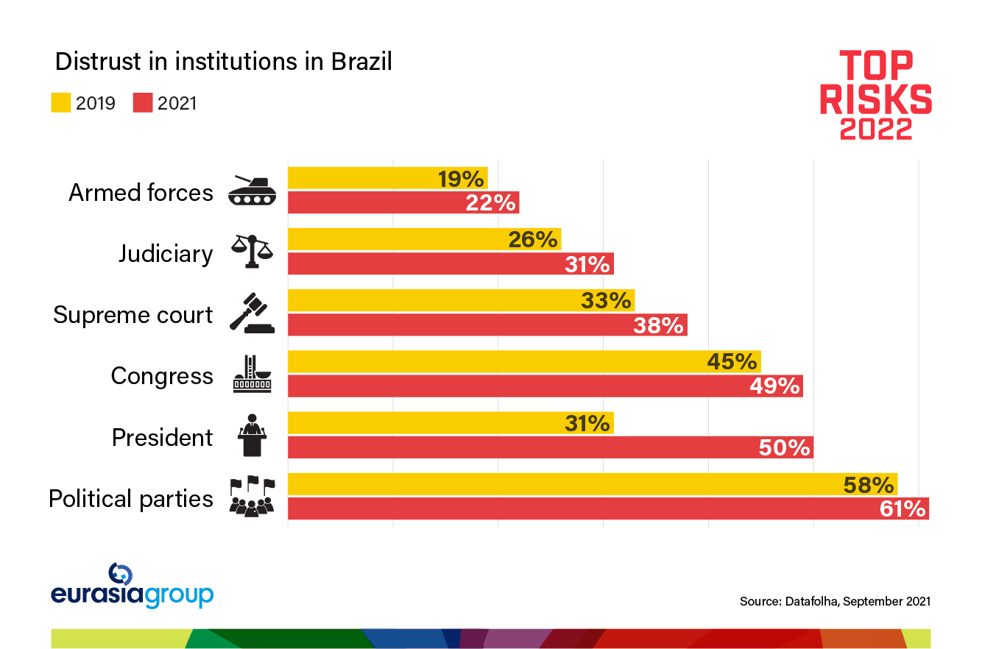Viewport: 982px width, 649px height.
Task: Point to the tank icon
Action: click(252, 190)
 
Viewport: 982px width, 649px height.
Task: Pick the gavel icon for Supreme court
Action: click(252, 314)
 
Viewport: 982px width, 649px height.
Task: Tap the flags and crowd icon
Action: click(252, 497)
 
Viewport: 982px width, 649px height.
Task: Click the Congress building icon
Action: click(252, 375)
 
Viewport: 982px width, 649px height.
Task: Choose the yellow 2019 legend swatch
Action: click(60, 103)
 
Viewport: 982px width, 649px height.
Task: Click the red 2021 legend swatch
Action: click(143, 103)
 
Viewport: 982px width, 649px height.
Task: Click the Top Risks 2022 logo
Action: click(876, 94)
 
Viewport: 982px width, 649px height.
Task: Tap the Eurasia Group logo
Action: click(133, 586)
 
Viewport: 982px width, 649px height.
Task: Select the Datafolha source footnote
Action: click(835, 601)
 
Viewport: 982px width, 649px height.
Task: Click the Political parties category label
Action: click(131, 499)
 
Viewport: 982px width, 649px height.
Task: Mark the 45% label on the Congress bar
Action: click(732, 362)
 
